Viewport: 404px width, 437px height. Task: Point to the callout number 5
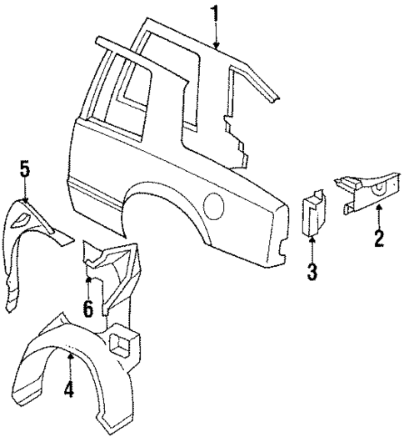pyautogui.click(x=24, y=171)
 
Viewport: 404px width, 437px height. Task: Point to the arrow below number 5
pyautogui.click(x=25, y=193)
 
